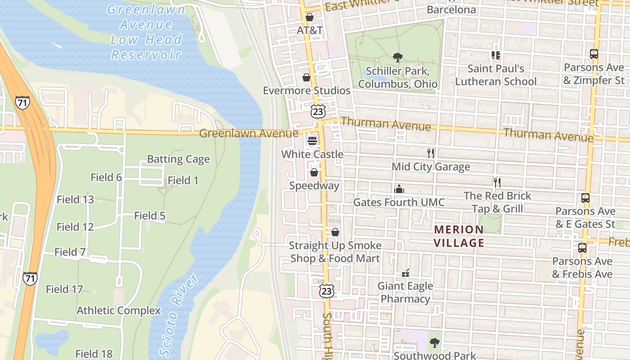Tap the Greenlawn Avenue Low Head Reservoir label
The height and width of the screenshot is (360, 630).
tap(146, 32)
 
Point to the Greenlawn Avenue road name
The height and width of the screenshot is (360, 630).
tap(248, 133)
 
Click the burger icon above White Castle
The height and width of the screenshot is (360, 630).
tap(312, 141)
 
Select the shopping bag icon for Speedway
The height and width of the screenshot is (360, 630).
tap(314, 172)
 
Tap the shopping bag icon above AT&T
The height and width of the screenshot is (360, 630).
tap(310, 17)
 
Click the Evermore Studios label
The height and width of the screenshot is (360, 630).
tap(306, 90)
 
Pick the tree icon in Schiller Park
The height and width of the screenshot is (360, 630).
tap(397, 57)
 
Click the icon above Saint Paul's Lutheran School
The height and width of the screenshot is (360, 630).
tap(495, 55)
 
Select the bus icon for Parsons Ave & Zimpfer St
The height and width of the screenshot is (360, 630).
tap(594, 54)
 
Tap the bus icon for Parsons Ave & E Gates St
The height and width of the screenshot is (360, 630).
tap(585, 198)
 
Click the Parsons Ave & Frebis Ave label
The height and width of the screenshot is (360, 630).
tap(582, 268)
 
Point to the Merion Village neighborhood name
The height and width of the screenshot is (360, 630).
tap(459, 236)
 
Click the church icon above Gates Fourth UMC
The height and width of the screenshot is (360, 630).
tap(399, 189)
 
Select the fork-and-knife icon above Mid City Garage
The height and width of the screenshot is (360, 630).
tap(431, 153)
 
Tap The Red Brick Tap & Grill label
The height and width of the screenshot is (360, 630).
tap(497, 202)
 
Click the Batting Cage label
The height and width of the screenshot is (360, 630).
tap(178, 159)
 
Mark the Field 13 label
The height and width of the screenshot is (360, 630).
tap(75, 199)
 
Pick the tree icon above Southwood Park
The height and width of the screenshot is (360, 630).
tap(434, 342)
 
